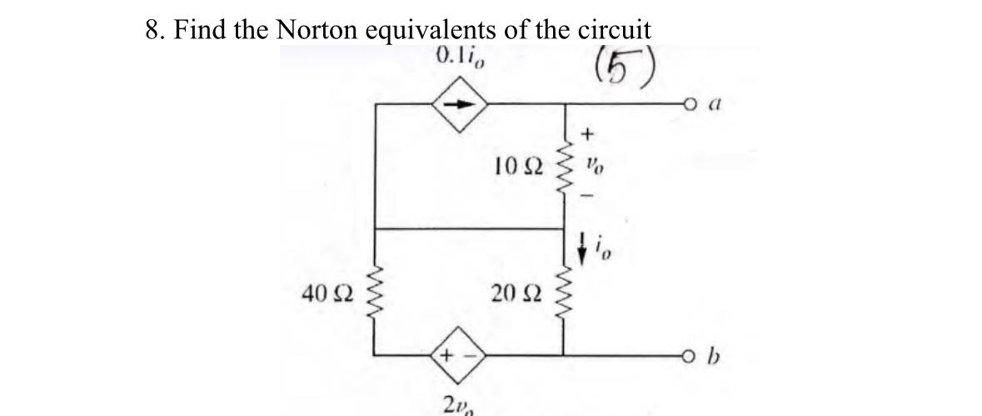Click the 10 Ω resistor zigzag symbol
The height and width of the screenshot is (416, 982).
tap(567, 166)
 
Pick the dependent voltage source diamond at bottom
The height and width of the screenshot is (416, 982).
tap(456, 355)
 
